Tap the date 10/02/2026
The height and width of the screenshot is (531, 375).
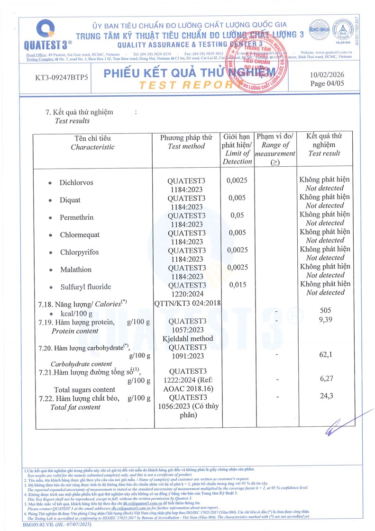(327, 74)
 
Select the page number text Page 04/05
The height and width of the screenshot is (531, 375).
(327, 83)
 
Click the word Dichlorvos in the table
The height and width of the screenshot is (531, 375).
(76, 182)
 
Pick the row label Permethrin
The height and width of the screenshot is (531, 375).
(76, 217)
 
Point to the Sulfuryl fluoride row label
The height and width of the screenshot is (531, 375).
(85, 287)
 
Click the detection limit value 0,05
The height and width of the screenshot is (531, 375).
(237, 216)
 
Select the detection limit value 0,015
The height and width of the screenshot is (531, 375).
(237, 285)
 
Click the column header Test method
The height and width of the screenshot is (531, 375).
(186, 146)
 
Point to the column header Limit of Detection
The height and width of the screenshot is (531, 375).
(237, 157)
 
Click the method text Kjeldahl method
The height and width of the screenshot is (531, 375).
(187, 339)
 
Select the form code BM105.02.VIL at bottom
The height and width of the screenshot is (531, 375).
(38, 525)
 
